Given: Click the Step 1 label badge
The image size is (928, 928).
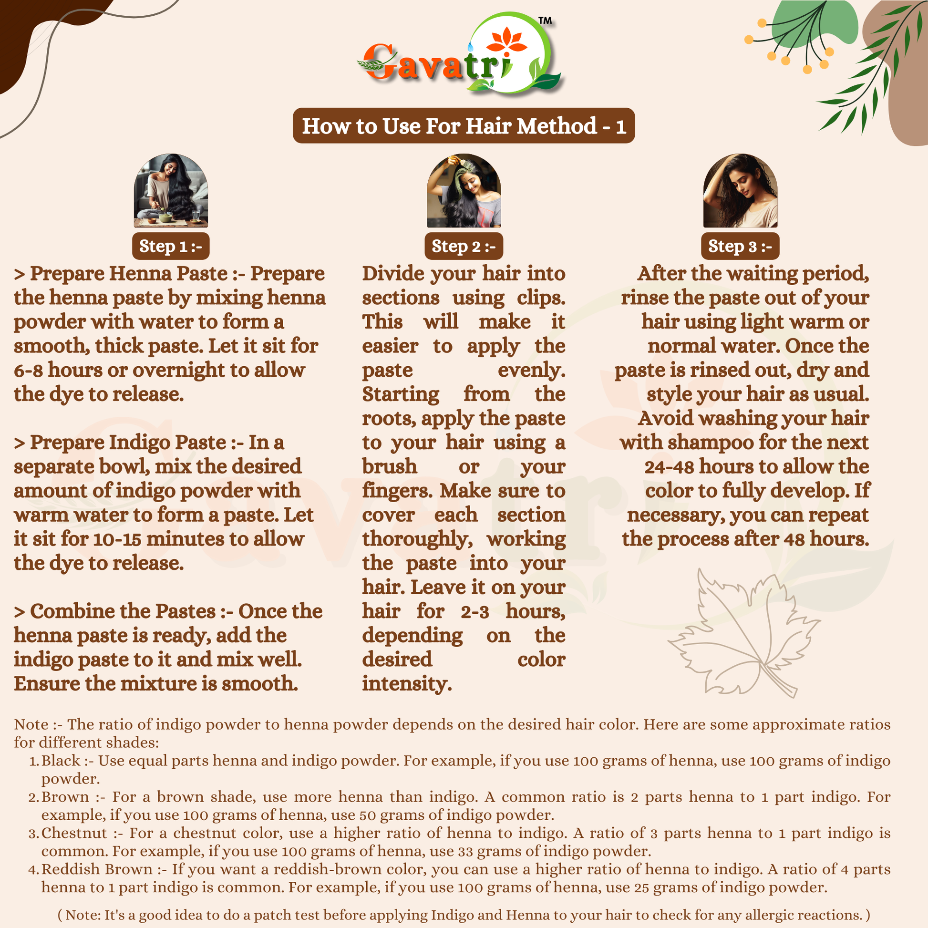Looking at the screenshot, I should click(171, 246).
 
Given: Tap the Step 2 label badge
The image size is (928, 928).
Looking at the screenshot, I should click(464, 246).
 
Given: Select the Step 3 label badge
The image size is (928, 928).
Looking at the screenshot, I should click(740, 246).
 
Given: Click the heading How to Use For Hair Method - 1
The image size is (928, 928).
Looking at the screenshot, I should click(464, 126).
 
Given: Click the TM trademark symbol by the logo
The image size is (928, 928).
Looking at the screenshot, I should click(545, 21).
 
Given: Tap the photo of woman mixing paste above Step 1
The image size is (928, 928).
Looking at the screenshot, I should click(171, 191).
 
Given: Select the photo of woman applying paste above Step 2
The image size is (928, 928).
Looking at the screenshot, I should click(464, 191).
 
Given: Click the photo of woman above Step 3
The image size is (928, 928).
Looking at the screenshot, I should click(740, 191).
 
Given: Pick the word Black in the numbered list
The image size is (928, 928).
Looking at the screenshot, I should click(61, 761).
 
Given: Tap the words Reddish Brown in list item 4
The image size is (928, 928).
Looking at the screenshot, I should click(96, 869).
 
